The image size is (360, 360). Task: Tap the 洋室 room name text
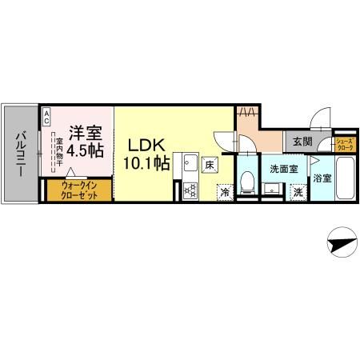pyautogui.click(x=83, y=132)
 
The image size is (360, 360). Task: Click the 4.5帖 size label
pyautogui.click(x=83, y=150)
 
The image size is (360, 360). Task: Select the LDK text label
pyautogui.click(x=148, y=146)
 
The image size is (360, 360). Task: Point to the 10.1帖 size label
pyautogui.click(x=148, y=164)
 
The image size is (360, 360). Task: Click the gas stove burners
pyautogui.click(x=190, y=190)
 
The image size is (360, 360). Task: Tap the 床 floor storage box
pyautogui.click(x=209, y=165)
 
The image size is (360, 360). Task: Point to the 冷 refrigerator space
pyautogui.click(x=225, y=192)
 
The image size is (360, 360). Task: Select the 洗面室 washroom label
pyautogui.click(x=282, y=169)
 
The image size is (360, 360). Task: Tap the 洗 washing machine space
pyautogui.click(x=297, y=192)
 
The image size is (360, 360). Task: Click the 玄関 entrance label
pyautogui.click(x=302, y=142)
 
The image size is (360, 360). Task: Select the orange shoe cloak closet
pyautogui.click(x=346, y=145)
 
